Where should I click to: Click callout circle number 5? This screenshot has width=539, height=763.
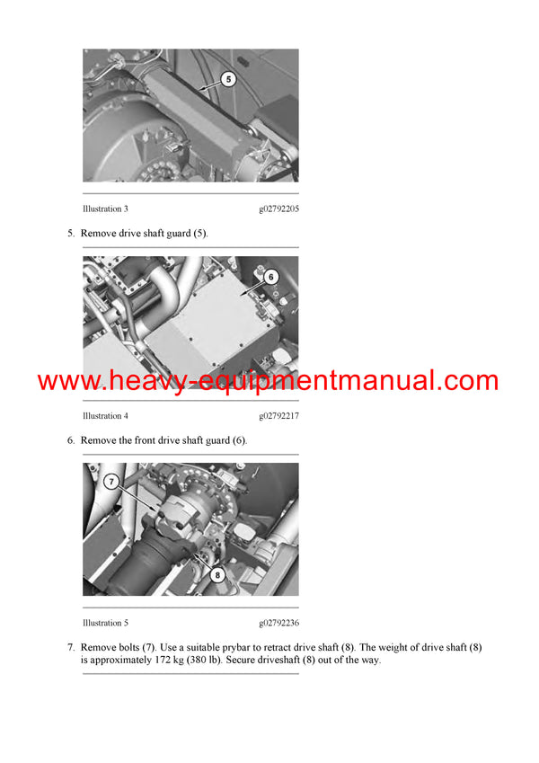pyautogui.click(x=228, y=79)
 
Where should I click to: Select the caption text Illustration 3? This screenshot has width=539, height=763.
pyautogui.click(x=105, y=209)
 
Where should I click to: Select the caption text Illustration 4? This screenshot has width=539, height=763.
pyautogui.click(x=105, y=416)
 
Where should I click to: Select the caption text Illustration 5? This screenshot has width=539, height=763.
pyautogui.click(x=105, y=623)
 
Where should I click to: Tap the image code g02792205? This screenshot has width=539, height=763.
pyautogui.click(x=278, y=209)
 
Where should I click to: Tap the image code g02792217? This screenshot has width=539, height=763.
pyautogui.click(x=278, y=416)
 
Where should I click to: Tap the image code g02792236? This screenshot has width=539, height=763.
pyautogui.click(x=278, y=623)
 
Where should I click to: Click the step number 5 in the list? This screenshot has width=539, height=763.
pyautogui.click(x=71, y=234)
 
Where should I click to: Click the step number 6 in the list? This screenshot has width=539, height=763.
pyautogui.click(x=71, y=440)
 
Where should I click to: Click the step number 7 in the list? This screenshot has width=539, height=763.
pyautogui.click(x=71, y=647)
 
